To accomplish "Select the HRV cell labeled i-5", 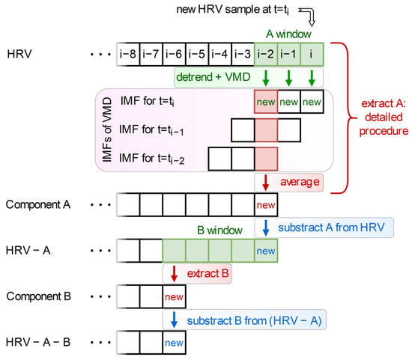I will (197, 55).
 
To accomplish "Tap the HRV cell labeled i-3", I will (243, 55).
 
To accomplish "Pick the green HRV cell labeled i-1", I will (289, 55).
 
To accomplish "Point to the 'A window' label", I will (288, 32).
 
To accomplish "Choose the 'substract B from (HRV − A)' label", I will (248, 320).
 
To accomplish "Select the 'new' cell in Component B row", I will (174, 297).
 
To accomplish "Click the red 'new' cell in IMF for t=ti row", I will (266, 100).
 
